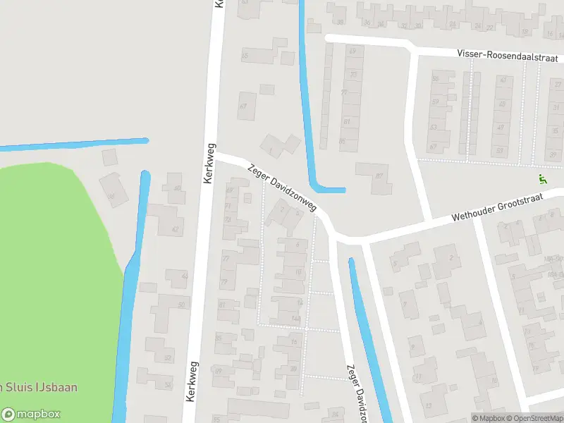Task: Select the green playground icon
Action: pyautogui.click(x=542, y=180)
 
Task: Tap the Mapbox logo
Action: pyautogui.click(x=31, y=415)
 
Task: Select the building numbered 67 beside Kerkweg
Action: pyautogui.click(x=245, y=106)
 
